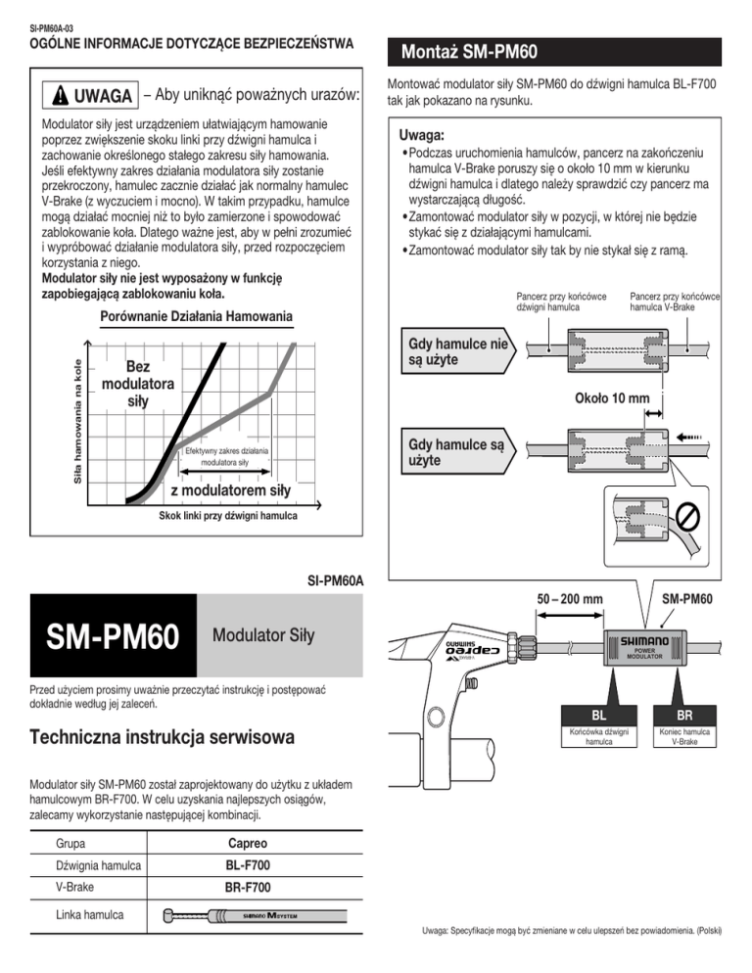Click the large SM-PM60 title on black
110,637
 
